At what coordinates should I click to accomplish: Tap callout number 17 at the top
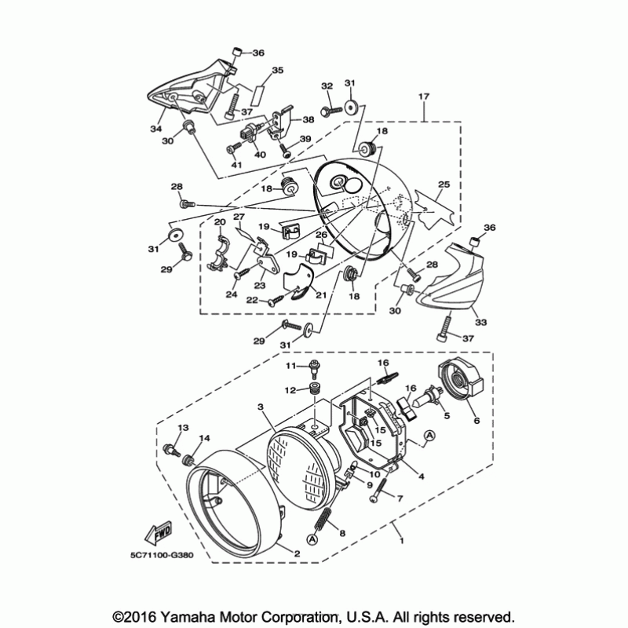(x=424, y=97)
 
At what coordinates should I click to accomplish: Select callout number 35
(x=277, y=71)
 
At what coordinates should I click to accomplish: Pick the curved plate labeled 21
(x=298, y=283)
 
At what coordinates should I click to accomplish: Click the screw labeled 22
(x=280, y=299)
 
